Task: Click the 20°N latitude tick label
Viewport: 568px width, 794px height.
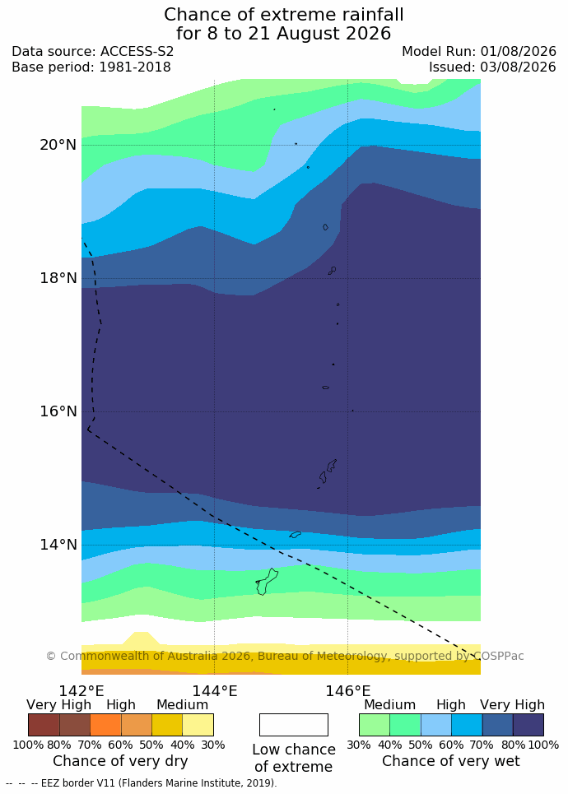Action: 58,145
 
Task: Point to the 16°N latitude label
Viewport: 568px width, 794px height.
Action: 58,411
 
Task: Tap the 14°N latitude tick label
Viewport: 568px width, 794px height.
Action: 58,545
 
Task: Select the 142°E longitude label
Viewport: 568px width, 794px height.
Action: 81,690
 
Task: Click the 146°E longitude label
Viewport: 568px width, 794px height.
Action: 348,690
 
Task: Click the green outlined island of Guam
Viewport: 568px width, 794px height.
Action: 267,582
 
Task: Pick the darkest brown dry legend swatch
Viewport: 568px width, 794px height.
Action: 44,725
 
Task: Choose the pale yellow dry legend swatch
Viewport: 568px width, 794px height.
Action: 198,725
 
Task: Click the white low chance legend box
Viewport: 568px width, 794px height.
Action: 294,725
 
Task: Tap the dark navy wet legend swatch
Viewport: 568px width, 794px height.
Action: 528,725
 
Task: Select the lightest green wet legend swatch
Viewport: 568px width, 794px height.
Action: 375,725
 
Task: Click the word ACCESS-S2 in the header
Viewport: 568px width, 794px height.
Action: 137,52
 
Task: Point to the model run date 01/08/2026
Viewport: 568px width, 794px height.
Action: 519,52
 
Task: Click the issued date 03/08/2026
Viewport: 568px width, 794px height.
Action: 519,67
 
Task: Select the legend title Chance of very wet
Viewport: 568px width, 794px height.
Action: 451,761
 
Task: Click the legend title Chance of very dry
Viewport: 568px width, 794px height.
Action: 120,761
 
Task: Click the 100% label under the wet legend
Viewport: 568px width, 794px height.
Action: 543,745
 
